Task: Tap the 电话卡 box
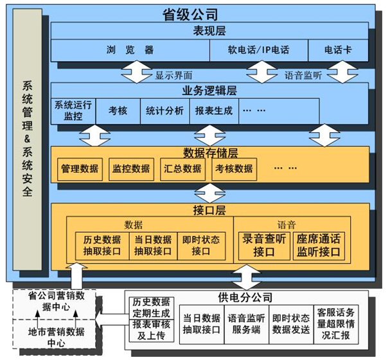click(337, 50)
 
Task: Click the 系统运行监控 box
click(73, 110)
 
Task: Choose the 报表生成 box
click(214, 110)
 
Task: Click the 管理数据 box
click(80, 168)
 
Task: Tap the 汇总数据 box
click(183, 168)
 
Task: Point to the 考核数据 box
click(234, 168)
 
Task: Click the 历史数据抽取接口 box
click(102, 246)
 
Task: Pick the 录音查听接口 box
click(264, 246)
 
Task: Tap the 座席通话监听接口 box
click(319, 246)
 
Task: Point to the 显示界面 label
click(173, 75)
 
